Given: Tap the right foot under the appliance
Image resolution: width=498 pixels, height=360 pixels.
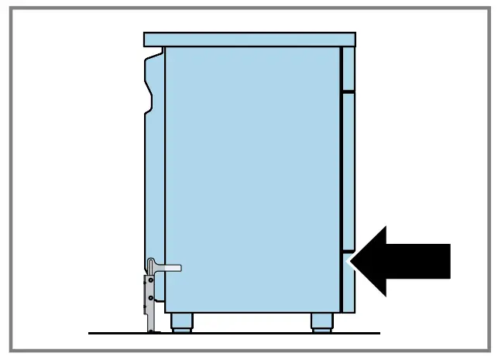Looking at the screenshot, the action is coord(322,321).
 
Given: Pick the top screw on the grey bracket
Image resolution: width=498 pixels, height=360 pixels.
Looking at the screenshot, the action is coord(152,280).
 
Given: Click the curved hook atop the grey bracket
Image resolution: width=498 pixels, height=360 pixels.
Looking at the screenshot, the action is coord(152,263).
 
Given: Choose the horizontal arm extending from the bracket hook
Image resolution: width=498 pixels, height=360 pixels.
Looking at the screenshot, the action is coord(170,268).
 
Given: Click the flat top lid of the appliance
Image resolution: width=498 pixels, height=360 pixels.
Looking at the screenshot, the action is coord(249,39).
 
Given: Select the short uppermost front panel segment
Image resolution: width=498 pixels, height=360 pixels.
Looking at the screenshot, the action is coord(349,68).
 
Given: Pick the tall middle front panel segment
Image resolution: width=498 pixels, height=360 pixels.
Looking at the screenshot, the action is coord(349,170).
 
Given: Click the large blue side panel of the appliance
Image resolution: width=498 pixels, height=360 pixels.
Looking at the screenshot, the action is coord(252,178).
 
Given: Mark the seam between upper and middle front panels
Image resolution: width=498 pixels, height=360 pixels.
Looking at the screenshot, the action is coord(349,90).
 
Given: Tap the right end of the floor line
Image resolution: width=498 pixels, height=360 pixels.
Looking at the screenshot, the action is coord(378,333).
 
